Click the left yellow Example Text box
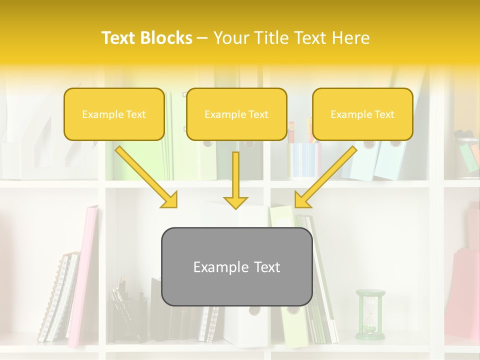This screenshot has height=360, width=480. coord(114,114)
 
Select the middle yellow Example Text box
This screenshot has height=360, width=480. coord(236,114)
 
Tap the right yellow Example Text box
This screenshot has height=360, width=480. coord(362,114)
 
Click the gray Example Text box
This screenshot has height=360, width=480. coord(236,266)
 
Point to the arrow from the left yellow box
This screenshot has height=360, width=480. coord(146,176)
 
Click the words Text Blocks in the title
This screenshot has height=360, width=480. coord(147,38)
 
